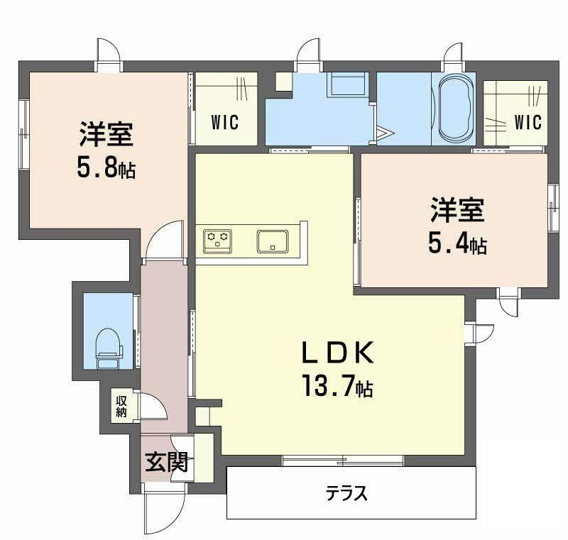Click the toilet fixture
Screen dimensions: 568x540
point(109,348)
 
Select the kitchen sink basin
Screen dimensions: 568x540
point(273,241)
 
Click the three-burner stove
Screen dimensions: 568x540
point(218,241)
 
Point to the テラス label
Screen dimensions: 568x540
point(346,493)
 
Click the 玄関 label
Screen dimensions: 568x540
point(167,462)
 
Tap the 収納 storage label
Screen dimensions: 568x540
point(121,407)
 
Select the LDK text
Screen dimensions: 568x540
point(338,353)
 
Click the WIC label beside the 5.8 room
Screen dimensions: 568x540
point(225,122)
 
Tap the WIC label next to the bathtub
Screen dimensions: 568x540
point(528,122)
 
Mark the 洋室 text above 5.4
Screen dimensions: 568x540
point(457,210)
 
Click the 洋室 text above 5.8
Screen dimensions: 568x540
point(106,135)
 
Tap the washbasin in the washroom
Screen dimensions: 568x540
point(348,84)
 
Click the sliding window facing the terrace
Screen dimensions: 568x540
point(343,461)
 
